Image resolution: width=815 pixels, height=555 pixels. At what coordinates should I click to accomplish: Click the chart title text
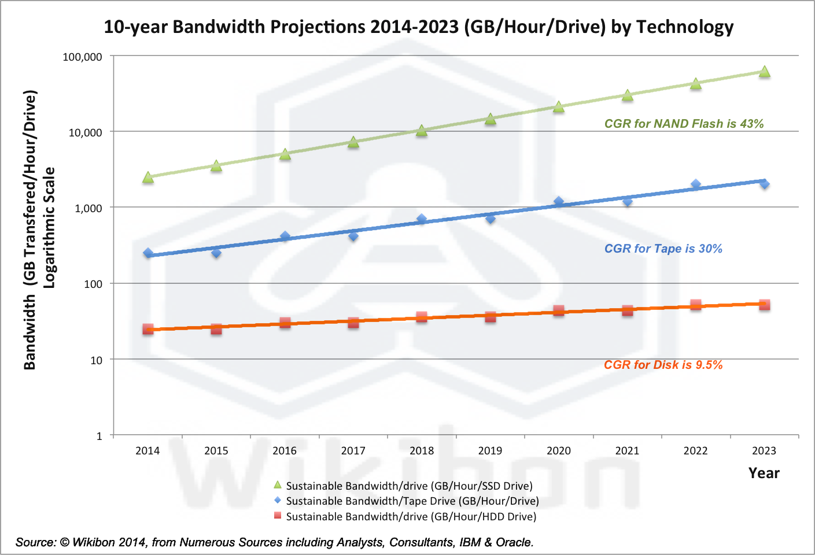click(419, 27)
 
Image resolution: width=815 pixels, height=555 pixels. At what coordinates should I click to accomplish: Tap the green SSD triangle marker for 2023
click(764, 72)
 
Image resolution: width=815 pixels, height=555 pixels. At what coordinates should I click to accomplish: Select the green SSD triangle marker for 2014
click(148, 177)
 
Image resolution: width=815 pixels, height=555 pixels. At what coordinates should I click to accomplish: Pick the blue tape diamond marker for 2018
click(422, 219)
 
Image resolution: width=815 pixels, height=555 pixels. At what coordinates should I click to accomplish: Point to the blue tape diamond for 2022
click(696, 184)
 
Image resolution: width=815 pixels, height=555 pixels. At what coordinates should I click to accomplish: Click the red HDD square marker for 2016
click(285, 323)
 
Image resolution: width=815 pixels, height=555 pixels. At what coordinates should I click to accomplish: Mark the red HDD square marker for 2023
click(764, 305)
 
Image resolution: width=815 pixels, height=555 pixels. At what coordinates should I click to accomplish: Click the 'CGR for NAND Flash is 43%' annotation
click(684, 124)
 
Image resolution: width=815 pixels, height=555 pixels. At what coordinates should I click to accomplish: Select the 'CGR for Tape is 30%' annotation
click(663, 249)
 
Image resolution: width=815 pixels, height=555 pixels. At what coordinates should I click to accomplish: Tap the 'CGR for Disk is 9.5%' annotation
click(663, 365)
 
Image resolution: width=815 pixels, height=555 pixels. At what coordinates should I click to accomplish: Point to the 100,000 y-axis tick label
click(82, 57)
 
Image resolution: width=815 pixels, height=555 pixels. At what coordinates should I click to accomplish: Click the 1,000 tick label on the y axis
click(88, 208)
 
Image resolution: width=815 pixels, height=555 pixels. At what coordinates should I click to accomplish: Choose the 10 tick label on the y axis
click(96, 360)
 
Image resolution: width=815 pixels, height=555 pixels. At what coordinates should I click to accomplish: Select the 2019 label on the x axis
click(490, 451)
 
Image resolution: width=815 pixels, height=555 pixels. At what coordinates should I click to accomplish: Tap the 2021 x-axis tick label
click(627, 451)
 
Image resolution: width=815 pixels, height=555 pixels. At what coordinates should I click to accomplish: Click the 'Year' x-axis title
click(764, 473)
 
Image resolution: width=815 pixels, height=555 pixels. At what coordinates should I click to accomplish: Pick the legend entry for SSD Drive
click(409, 486)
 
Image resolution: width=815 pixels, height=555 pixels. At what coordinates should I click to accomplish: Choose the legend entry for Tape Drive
click(412, 501)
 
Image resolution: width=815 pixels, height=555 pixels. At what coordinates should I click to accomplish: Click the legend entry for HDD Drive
click(411, 516)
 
